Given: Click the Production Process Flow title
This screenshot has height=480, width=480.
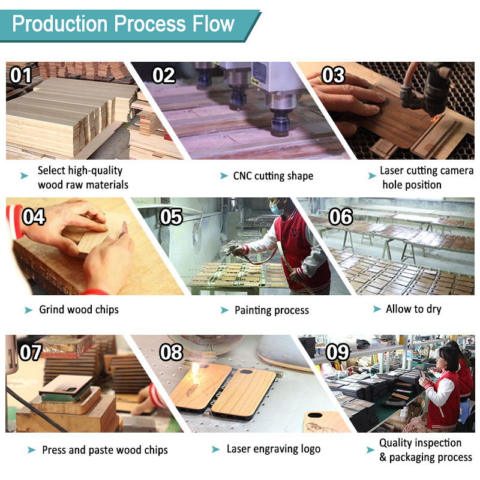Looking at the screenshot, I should click(123, 24).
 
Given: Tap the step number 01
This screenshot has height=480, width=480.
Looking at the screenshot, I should click(20, 76).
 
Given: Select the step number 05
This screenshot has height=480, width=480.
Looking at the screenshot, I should click(171, 217).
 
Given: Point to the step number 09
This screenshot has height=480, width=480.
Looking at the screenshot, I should click(337, 352).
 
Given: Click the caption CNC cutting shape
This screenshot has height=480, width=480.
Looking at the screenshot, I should click(273, 176).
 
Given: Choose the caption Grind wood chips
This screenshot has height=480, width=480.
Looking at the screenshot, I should click(79, 310).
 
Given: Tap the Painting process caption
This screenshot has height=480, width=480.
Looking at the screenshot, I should click(271, 310).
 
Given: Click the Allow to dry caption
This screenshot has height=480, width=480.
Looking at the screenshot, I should click(414, 309).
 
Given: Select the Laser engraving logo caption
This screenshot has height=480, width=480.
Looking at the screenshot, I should click(273, 449).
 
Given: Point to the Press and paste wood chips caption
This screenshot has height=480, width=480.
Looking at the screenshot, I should click(104, 450).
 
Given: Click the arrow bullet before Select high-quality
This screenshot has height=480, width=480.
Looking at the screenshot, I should click(25, 176).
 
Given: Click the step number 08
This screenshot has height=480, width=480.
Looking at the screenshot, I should click(171, 352).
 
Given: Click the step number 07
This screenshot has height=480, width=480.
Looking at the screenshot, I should click(30, 352).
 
